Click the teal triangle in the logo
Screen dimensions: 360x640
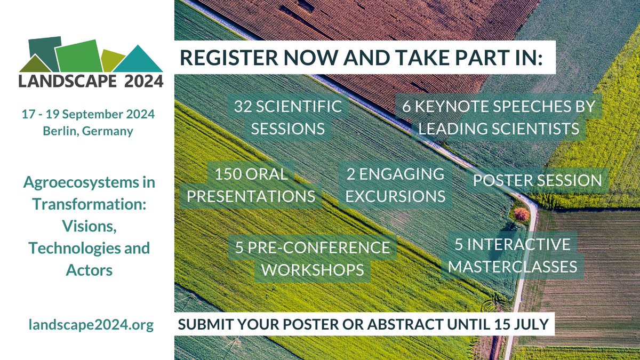[x=138, y=60]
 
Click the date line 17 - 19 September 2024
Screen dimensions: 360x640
[x=88, y=115]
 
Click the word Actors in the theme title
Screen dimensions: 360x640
[x=89, y=270]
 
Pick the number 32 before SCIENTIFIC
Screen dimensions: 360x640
[x=245, y=106]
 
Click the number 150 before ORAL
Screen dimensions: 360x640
[x=230, y=174]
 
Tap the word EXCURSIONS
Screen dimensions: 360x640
[x=395, y=196]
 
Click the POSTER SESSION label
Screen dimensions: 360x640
[x=537, y=180]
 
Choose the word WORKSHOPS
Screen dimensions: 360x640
[x=316, y=269]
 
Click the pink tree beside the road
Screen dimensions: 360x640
[x=522, y=214]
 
